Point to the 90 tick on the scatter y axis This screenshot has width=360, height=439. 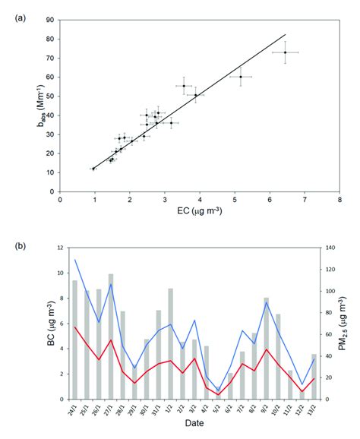click(52, 18)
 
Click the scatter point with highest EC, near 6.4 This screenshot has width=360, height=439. click(285, 52)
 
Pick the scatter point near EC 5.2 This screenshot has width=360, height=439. click(241, 77)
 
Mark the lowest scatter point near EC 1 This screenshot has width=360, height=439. click(93, 169)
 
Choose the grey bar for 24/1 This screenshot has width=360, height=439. click(75, 340)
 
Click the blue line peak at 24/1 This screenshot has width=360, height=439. click(75, 260)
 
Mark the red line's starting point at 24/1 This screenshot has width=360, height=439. click(75, 327)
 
